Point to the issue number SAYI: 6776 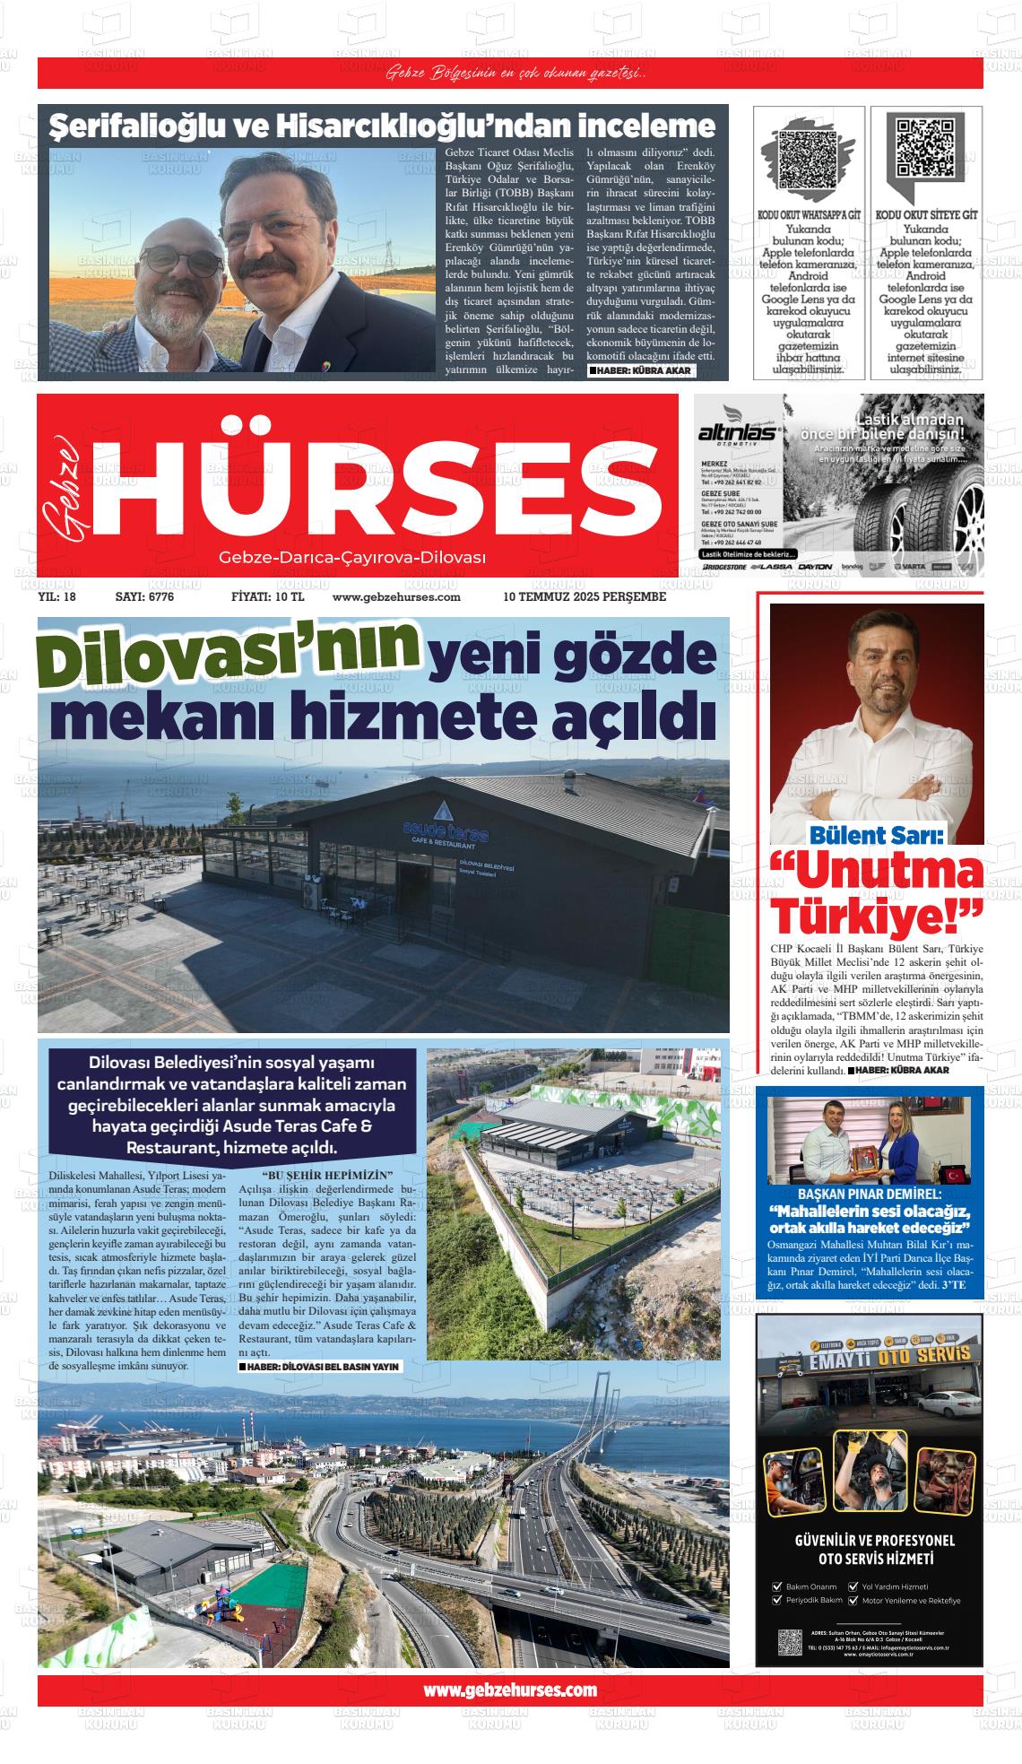[144, 596]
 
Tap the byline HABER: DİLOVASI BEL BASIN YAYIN [321, 1367]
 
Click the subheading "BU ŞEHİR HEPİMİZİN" [327, 1175]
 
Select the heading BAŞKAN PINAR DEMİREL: [870, 1195]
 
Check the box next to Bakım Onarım [777, 1586]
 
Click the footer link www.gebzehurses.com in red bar [509, 1690]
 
